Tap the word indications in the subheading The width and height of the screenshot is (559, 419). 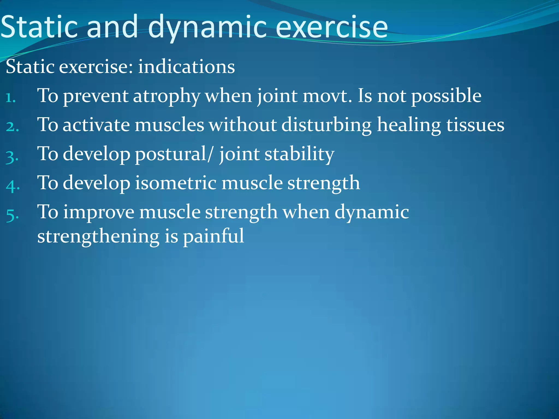(x=186, y=67)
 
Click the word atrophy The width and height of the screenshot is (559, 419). (x=166, y=96)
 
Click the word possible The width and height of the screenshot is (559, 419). (x=446, y=96)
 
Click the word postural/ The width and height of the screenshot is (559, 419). (x=173, y=154)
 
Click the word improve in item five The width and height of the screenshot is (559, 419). (x=99, y=212)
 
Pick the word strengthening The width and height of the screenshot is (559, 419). (x=98, y=237)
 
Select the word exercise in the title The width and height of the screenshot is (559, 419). (x=332, y=27)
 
